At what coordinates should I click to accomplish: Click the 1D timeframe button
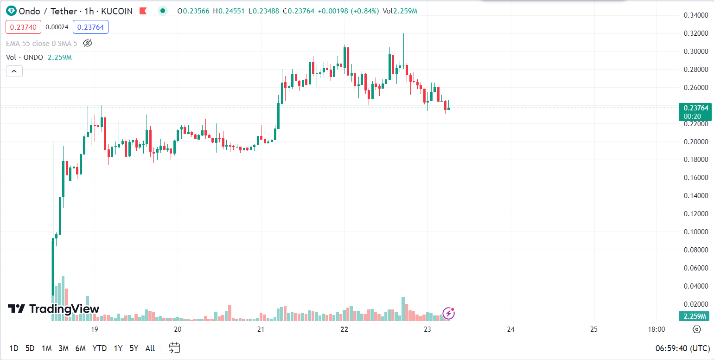point(14,348)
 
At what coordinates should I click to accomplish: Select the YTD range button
point(99,348)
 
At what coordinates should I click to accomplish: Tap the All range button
point(150,348)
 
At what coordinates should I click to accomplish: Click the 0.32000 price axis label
point(695,33)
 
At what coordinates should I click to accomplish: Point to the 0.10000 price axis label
point(695,232)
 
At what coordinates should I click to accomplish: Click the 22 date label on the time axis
point(344,329)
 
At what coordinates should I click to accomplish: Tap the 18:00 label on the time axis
point(656,329)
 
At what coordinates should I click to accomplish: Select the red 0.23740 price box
point(23,27)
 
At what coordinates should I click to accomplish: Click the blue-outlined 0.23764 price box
point(90,27)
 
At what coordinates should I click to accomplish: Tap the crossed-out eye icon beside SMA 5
point(88,43)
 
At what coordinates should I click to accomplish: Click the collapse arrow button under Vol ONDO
point(14,71)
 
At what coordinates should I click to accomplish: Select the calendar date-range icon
point(174,348)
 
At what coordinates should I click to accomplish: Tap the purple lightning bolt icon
point(448,314)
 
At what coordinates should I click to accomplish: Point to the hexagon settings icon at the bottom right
point(696,329)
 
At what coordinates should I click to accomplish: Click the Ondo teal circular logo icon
point(11,11)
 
